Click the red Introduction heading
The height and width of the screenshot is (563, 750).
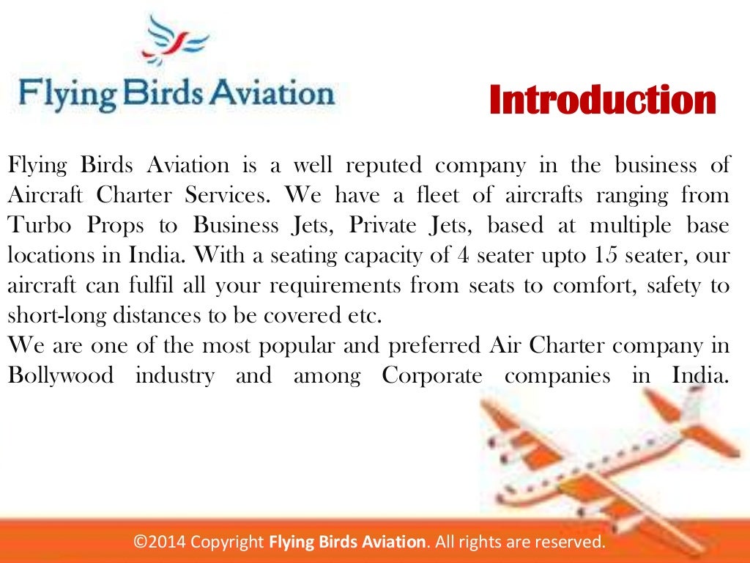point(602,100)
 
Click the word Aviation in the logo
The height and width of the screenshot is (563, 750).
point(275,93)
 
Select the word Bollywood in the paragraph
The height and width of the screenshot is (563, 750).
point(61,377)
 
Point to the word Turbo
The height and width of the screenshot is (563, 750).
point(34,226)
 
